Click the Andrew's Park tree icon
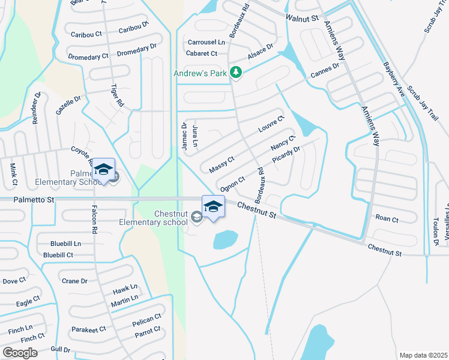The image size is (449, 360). coord(237,73)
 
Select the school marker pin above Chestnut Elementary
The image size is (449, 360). coord(213,207)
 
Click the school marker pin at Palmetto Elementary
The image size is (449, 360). coord(104,170)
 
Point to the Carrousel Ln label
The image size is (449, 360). coord(206,43)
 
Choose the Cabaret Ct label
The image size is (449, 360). coord(202,53)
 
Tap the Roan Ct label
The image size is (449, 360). coord(386,220)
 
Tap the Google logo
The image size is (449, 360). coord(20,353)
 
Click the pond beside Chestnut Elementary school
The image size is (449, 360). coord(225,240)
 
